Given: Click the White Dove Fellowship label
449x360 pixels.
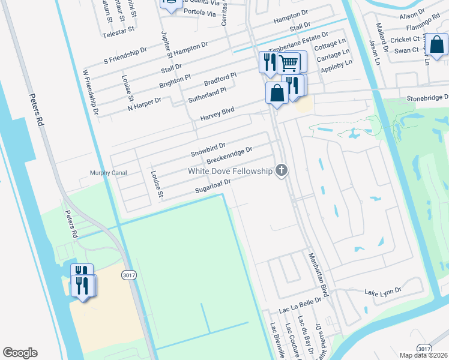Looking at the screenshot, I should [x=231, y=171].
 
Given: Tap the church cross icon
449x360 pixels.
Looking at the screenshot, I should [x=281, y=171].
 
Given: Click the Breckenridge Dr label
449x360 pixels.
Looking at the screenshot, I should [x=229, y=157].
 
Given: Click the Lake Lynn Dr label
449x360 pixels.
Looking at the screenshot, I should [x=383, y=292].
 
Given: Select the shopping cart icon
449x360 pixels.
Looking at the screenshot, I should [x=289, y=62].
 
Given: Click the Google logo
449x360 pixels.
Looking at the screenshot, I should [x=20, y=353].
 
